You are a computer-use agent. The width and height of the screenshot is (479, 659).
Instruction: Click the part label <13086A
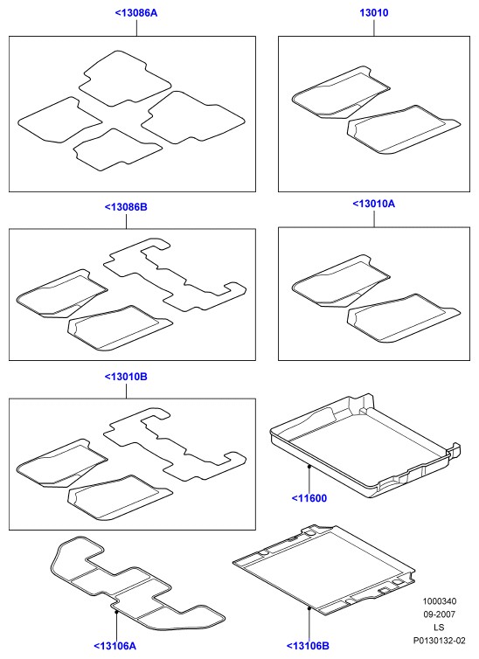click(x=136, y=13)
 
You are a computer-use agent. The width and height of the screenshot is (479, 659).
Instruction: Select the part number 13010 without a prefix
click(x=374, y=13)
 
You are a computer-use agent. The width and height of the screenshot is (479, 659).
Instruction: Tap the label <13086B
click(x=126, y=207)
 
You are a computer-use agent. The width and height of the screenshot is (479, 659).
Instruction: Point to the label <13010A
click(x=374, y=204)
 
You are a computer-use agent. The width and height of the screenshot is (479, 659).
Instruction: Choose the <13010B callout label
click(x=126, y=377)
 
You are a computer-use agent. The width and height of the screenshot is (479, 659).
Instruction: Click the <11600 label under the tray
click(x=309, y=498)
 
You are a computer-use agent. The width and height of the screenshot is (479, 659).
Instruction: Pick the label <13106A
click(x=115, y=646)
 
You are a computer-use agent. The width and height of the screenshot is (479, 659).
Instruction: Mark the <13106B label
click(x=308, y=646)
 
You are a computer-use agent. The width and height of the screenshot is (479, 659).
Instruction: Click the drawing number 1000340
click(x=440, y=601)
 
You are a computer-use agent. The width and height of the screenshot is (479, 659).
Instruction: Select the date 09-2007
click(x=440, y=614)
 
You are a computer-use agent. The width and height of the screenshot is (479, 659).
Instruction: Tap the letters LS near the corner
click(x=439, y=628)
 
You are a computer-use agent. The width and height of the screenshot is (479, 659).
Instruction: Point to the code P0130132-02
click(x=440, y=641)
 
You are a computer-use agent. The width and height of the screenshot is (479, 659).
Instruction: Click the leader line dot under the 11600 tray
click(x=309, y=466)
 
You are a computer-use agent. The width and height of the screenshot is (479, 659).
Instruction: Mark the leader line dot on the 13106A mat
click(x=116, y=612)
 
